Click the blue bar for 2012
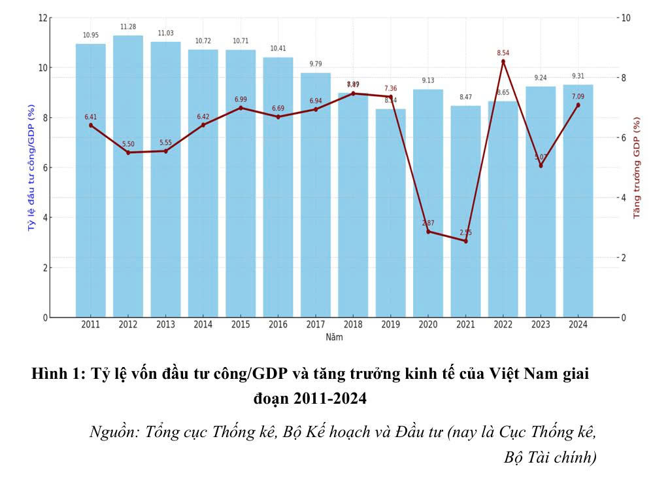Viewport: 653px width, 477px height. coord(128,177)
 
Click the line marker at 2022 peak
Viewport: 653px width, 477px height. coord(503,61)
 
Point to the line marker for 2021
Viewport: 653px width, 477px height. coord(465,241)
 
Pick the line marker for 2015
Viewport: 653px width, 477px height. coord(241,107)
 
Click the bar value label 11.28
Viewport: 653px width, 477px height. coord(128,27)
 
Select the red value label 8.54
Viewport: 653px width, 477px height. coord(503,52)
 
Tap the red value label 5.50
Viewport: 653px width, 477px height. coord(128,143)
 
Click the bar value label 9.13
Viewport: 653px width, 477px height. coord(428,80)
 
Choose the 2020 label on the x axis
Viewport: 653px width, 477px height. coord(428,325)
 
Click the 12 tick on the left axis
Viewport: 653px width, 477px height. coord(43,18)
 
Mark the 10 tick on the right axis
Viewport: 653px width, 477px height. coord(626,18)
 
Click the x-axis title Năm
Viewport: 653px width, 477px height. coord(334,338)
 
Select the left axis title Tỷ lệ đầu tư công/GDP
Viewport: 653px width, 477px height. coord(31,166)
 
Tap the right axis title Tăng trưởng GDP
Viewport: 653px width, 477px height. coord(637,167)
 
